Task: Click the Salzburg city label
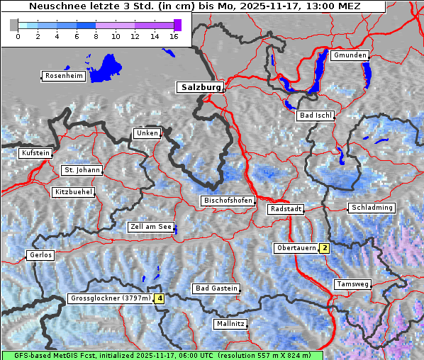click(x=200, y=87)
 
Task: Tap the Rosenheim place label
click(x=64, y=76)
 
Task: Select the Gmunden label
click(x=350, y=55)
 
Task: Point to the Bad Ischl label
click(x=316, y=116)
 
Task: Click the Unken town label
click(x=147, y=133)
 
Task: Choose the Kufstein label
click(x=35, y=153)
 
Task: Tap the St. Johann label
click(x=82, y=170)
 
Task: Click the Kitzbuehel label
click(x=73, y=192)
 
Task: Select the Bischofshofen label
click(x=228, y=201)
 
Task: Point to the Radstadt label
click(x=286, y=209)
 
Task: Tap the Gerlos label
click(x=40, y=255)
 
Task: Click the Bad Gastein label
click(x=216, y=288)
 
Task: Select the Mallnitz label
click(x=230, y=324)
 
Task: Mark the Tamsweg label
click(x=352, y=284)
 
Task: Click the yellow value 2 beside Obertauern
click(x=324, y=248)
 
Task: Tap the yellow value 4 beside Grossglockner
click(x=160, y=298)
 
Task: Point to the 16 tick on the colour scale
click(x=174, y=35)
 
